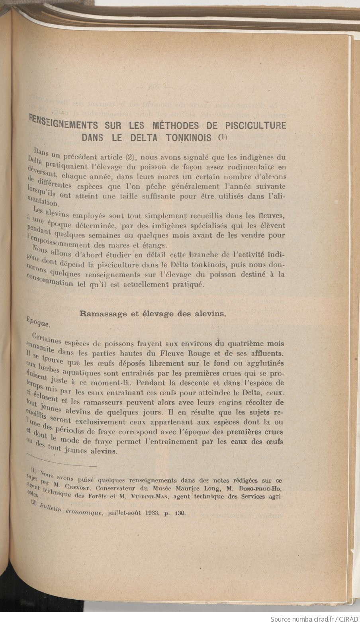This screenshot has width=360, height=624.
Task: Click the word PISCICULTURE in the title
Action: click(255, 126)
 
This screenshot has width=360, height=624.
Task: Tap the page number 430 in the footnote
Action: click(180, 514)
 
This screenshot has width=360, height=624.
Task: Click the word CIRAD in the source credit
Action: click(348, 619)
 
